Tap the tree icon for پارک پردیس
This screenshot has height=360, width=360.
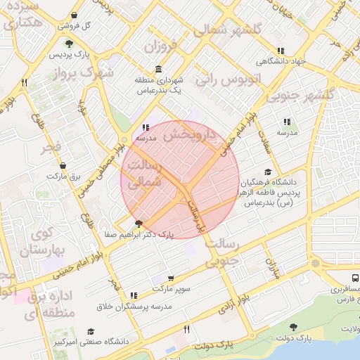(x=69, y=44)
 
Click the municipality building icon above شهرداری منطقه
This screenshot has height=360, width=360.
(x=157, y=70)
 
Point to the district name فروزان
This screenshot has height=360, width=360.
(x=165, y=48)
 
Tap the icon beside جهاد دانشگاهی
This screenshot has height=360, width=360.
(x=281, y=51)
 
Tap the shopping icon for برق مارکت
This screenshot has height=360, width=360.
(x=63, y=167)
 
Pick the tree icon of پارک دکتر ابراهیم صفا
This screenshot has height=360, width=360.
(x=138, y=224)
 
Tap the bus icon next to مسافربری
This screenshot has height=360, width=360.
(x=354, y=278)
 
